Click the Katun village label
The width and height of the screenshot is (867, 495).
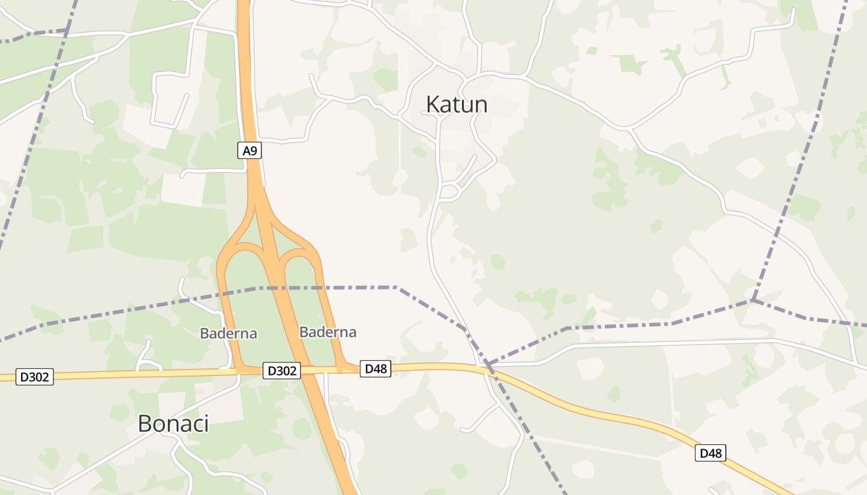pyautogui.click(x=456, y=105)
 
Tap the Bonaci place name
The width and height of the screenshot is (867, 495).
pyautogui.click(x=173, y=424)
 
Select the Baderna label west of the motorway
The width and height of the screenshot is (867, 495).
pyautogui.click(x=228, y=334)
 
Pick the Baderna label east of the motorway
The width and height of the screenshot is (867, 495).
pyautogui.click(x=328, y=332)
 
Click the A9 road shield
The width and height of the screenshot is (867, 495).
pyautogui.click(x=250, y=150)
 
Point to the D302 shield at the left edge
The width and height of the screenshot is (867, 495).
pyautogui.click(x=35, y=376)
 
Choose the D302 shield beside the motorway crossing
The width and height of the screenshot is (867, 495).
pyautogui.click(x=282, y=371)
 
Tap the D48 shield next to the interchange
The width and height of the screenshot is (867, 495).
pyautogui.click(x=375, y=369)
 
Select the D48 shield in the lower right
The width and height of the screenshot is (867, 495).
pyautogui.click(x=710, y=453)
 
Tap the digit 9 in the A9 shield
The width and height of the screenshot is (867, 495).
pyautogui.click(x=253, y=150)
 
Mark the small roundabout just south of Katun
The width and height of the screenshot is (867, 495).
pyautogui.click(x=448, y=191)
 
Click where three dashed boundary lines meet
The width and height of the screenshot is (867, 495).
pyautogui.click(x=753, y=301)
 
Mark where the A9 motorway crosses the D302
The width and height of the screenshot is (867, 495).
pyautogui.click(x=303, y=370)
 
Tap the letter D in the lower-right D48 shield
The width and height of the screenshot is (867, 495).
pyautogui.click(x=704, y=453)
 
